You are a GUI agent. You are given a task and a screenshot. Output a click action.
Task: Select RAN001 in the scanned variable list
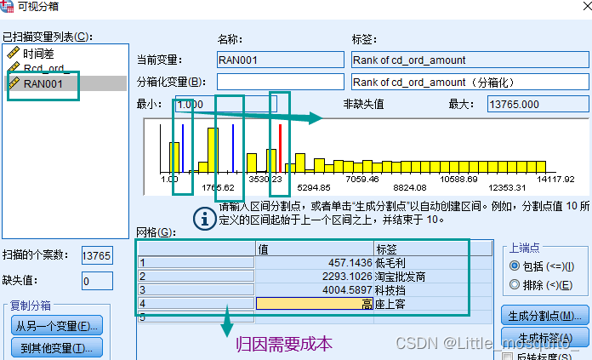(43, 83)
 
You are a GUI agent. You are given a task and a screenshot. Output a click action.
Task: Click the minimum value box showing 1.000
(223, 104)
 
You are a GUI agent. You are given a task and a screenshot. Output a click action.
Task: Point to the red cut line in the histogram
(280, 148)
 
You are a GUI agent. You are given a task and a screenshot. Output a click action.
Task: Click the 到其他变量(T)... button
(56, 347)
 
